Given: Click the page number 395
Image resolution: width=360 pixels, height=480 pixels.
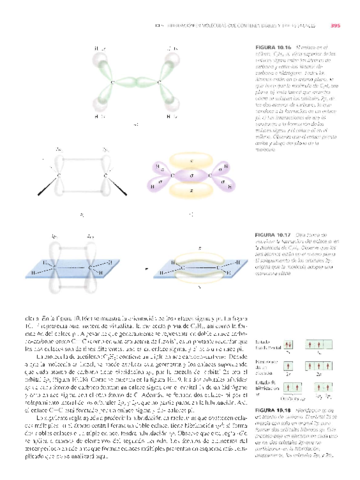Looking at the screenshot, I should pyautogui.click(x=337, y=11).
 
